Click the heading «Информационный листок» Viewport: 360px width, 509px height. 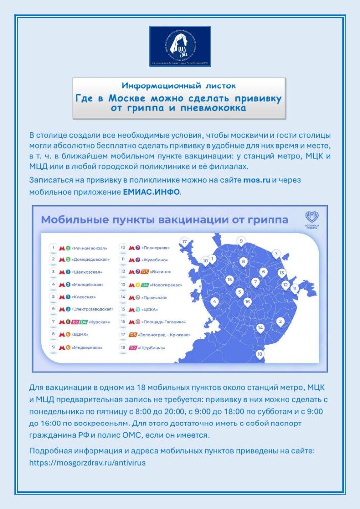(179, 85)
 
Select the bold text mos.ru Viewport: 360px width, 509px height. (257, 180)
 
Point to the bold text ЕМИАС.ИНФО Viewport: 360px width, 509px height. (151, 191)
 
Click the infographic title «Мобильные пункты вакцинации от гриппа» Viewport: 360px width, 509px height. (165, 219)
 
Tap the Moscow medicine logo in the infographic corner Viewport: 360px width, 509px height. (312, 218)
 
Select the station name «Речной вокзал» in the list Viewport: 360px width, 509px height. (90, 248)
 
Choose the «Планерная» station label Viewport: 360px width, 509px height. (156, 248)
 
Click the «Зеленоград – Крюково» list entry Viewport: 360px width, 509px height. (167, 335)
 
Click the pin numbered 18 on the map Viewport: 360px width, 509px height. (259, 354)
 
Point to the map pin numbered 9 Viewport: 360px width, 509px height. (241, 241)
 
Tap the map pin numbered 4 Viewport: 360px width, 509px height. (214, 301)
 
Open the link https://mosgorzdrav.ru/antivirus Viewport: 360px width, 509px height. (88, 462)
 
